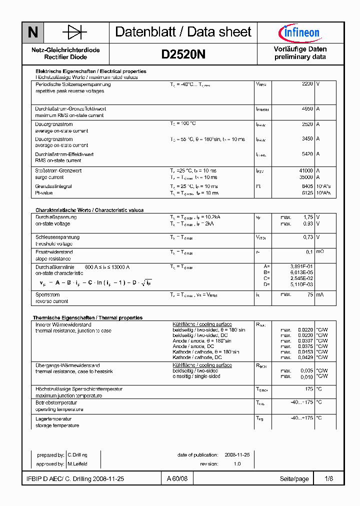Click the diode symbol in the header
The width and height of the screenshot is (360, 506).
click(x=74, y=33)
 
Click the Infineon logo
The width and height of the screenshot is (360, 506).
click(x=299, y=33)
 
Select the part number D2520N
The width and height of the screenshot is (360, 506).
click(x=183, y=54)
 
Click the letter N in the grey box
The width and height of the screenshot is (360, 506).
click(x=33, y=33)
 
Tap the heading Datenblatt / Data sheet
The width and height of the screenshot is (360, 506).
click(x=183, y=32)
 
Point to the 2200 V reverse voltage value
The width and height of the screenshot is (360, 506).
click(x=307, y=84)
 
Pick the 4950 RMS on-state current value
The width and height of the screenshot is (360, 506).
click(x=307, y=108)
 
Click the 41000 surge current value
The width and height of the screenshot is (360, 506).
click(x=306, y=170)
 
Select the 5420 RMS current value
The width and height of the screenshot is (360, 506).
click(x=307, y=154)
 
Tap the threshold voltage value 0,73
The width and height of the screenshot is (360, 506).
click(x=308, y=237)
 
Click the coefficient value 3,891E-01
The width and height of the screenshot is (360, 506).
click(x=302, y=266)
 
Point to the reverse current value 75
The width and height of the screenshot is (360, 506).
click(x=310, y=294)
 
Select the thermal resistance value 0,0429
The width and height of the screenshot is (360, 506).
click(x=305, y=357)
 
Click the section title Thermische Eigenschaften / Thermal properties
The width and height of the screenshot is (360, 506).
click(x=87, y=317)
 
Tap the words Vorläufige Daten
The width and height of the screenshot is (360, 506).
click(x=300, y=49)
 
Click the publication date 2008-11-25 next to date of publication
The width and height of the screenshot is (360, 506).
click(x=237, y=454)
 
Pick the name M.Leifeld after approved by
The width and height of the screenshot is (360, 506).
click(x=77, y=464)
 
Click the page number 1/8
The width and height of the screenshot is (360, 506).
click(x=328, y=479)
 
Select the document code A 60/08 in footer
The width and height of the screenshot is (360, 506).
click(x=177, y=479)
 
